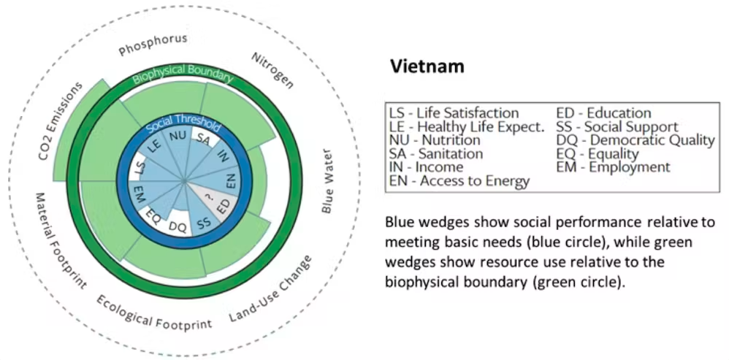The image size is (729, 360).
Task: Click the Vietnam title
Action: [427, 66]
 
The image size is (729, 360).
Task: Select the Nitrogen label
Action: [272, 70]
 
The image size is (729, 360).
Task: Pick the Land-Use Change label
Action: [270, 289]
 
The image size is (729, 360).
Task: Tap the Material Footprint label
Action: [61, 241]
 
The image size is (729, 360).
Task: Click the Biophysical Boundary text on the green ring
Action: [183, 74]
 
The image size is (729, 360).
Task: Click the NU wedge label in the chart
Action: [177, 136]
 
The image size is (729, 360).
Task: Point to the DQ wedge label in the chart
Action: [178, 227]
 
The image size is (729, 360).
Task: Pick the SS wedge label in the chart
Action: [202, 222]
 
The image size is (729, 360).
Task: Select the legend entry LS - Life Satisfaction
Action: [454, 113]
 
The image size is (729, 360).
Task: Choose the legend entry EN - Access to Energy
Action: [459, 180]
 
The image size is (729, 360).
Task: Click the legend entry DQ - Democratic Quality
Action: [636, 140]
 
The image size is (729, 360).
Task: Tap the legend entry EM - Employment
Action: [614, 166]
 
